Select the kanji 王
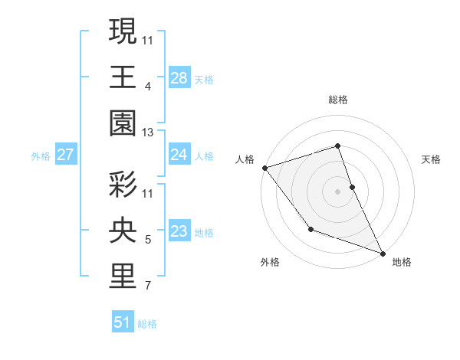tap(123, 77)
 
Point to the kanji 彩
tap(123, 185)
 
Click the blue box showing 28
tap(179, 78)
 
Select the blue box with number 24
tap(179, 155)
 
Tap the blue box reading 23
tap(179, 231)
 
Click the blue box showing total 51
tap(123, 322)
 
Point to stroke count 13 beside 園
tap(147, 133)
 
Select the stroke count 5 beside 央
tap(147, 241)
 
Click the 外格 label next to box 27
tap(41, 156)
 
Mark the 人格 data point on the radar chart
tap(264, 167)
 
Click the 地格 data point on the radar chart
tap(382, 252)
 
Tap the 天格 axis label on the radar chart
tap(431, 159)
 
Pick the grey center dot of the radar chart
tap(337, 191)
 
